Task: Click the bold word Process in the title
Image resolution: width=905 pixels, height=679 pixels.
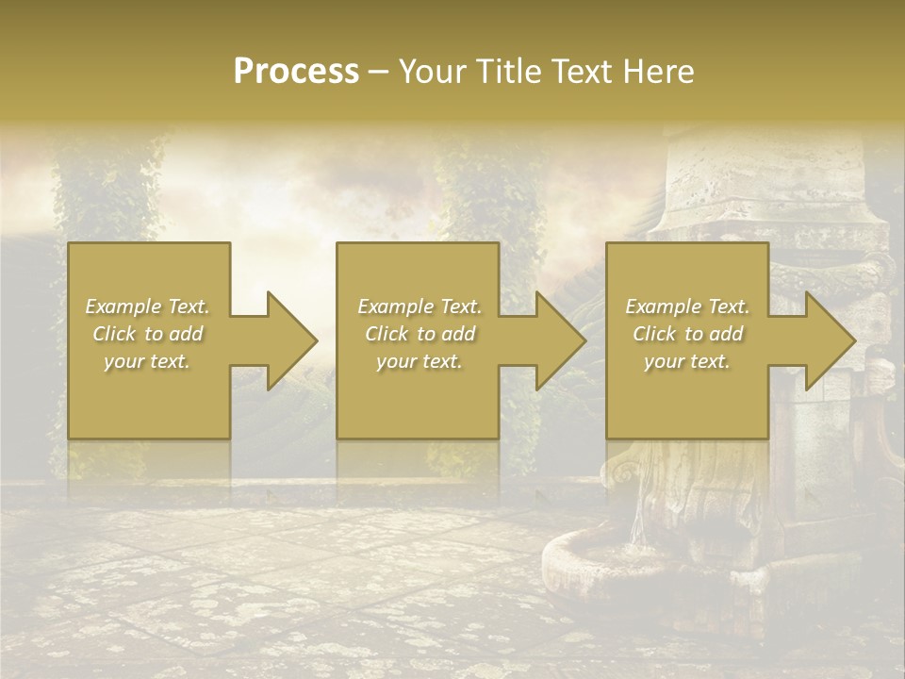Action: (x=296, y=72)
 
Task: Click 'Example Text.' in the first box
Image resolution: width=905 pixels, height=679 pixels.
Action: (x=147, y=306)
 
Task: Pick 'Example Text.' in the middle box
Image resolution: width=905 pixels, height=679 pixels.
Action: (x=420, y=306)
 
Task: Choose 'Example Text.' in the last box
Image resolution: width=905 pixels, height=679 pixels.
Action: (x=687, y=306)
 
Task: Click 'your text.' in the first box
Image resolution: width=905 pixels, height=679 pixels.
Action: (x=147, y=361)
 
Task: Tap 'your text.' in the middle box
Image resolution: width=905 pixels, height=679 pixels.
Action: (x=420, y=361)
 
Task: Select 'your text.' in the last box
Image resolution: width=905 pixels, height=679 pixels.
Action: (x=687, y=361)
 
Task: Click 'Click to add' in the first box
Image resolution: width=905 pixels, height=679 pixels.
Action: (x=147, y=334)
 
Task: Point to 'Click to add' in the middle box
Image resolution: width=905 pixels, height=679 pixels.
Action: (x=420, y=334)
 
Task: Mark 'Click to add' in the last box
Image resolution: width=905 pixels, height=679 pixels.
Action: (x=687, y=334)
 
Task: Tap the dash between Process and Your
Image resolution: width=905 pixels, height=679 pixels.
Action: (x=379, y=72)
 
